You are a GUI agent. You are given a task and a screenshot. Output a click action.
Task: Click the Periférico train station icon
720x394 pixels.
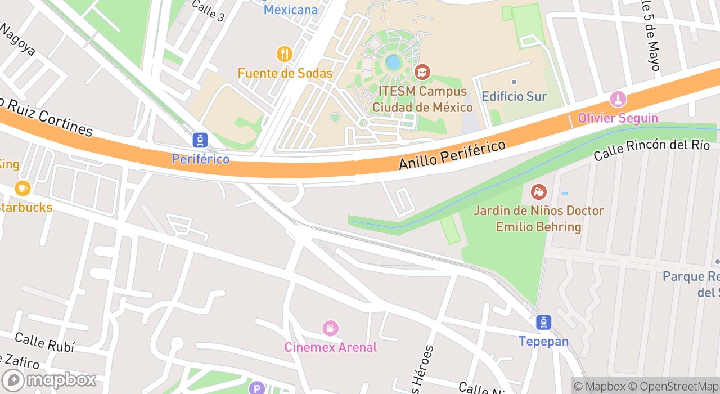point(200,140)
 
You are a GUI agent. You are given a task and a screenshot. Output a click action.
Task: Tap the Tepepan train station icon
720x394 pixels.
point(543,323)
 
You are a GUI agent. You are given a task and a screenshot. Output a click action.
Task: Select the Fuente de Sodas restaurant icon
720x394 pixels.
point(285,54)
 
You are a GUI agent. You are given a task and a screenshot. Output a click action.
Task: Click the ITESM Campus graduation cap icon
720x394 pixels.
point(422,72)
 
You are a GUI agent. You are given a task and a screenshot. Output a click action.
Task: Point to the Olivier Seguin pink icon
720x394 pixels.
point(618,100)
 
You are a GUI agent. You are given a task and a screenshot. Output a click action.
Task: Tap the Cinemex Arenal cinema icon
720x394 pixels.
point(330,328)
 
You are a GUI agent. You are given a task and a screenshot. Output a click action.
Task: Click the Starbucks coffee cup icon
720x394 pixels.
point(22,188)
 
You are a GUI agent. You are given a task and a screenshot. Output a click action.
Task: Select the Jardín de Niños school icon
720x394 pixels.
point(538,192)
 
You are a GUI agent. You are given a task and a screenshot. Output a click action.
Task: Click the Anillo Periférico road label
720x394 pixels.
point(452,155)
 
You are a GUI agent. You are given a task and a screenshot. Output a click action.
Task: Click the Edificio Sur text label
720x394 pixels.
point(514,96)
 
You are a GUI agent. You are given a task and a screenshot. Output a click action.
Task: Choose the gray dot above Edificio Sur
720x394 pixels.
point(514,82)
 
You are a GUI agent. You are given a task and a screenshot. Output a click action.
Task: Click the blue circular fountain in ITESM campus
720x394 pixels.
point(393,62)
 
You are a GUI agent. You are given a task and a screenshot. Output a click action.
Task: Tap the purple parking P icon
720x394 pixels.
point(256,388)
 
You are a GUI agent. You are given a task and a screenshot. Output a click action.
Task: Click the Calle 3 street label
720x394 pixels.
point(208,11)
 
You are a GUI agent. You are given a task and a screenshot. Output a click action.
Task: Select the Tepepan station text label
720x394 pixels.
point(543,342)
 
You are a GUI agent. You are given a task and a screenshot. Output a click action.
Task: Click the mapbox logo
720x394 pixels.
point(49,380)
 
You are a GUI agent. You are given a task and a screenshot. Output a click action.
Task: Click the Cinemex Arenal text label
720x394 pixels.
point(330,347)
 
